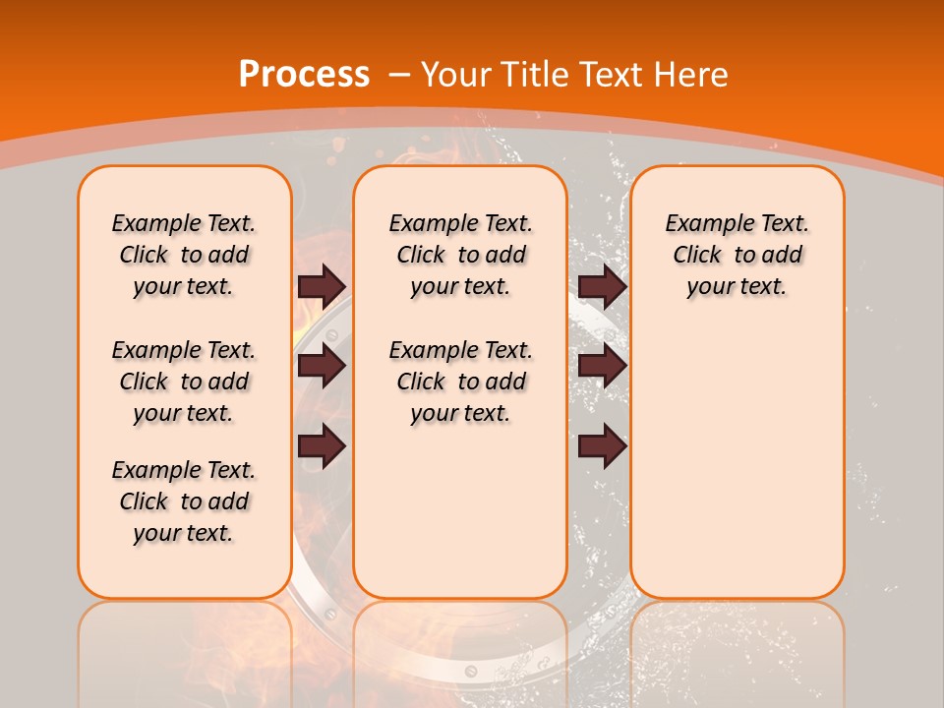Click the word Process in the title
point(304,74)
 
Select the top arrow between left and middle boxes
point(322,286)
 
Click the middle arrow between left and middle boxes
point(322,366)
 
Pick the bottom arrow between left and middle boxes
point(322,446)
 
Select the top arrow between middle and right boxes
point(602,286)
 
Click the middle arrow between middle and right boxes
point(602,366)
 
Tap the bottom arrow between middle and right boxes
point(602,446)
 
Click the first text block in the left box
point(184,255)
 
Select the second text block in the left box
point(184,382)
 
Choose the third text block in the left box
point(184,501)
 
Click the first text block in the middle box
point(460,255)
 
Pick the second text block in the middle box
point(460,382)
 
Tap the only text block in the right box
point(737,255)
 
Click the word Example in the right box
point(702,224)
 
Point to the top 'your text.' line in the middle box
point(460,287)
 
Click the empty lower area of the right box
point(737,462)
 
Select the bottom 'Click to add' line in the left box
point(184,501)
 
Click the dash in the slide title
point(399,74)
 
